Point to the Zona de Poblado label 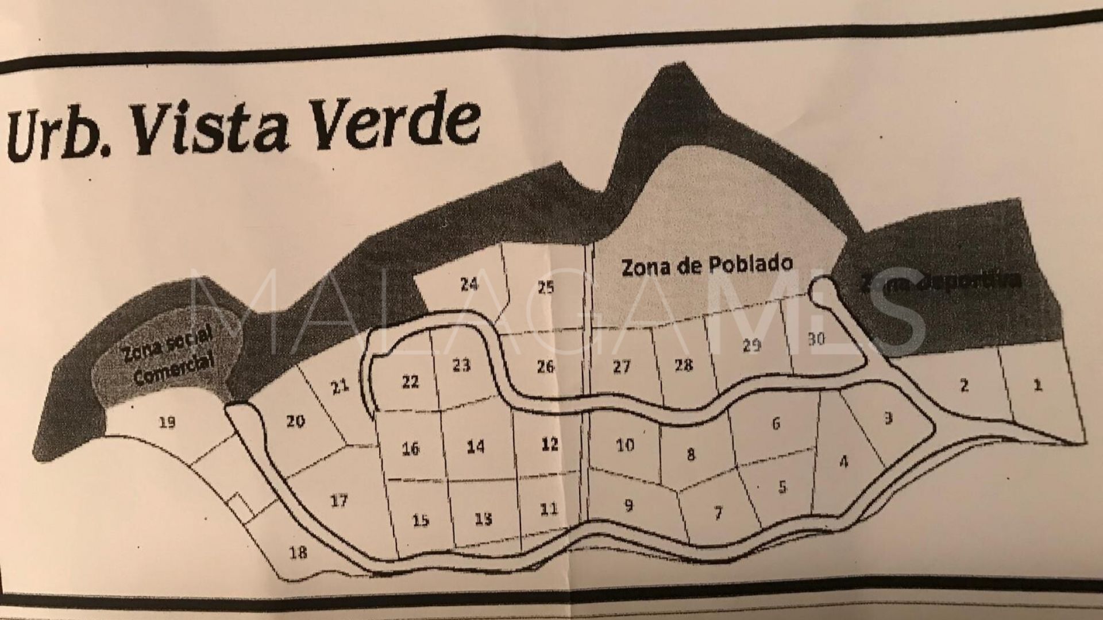click(x=707, y=266)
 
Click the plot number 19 click(x=167, y=423)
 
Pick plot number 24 click(x=469, y=284)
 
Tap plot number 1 click(x=1037, y=385)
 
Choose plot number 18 click(x=298, y=552)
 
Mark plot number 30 click(x=816, y=339)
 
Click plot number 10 click(x=624, y=444)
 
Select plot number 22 click(x=410, y=382)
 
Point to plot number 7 click(x=718, y=511)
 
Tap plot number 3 click(x=888, y=418)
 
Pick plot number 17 click(x=339, y=501)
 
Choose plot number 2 click(x=964, y=385)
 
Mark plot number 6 click(x=776, y=424)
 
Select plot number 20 click(x=295, y=422)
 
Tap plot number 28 click(x=683, y=365)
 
